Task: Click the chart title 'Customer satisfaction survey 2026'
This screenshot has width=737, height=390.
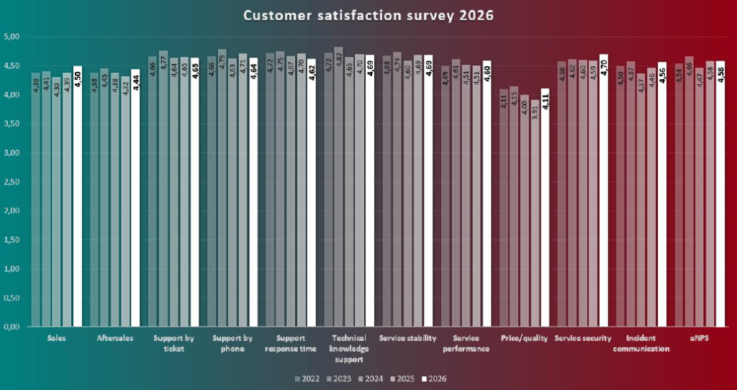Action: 368,15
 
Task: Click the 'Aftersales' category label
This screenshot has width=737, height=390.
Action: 115,338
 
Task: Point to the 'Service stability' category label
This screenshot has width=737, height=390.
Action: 408,338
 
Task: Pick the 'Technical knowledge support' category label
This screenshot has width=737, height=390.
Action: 350,348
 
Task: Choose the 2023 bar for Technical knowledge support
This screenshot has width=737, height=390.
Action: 339,194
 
